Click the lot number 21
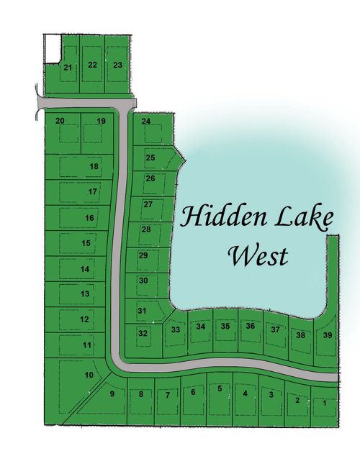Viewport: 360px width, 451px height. (68, 68)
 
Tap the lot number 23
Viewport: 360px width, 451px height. (118, 65)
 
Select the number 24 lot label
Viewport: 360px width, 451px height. (146, 121)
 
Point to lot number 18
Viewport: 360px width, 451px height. (94, 166)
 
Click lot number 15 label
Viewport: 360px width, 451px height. (86, 244)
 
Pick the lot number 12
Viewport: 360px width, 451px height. (84, 319)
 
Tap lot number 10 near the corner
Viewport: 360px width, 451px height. (89, 375)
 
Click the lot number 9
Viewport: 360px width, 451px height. (112, 393)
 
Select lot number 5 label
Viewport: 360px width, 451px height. (219, 388)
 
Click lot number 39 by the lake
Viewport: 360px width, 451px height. (328, 335)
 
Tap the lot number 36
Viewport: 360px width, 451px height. (250, 326)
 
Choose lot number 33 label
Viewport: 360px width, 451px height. (176, 329)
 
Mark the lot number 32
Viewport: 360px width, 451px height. (143, 333)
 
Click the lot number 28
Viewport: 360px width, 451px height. (145, 229)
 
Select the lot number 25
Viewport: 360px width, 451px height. (150, 157)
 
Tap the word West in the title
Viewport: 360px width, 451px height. (257, 255)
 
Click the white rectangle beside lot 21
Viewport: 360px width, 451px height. (50, 49)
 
